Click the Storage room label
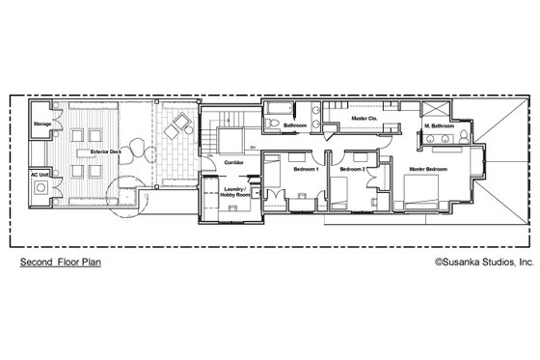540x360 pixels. pyautogui.click(x=41, y=125)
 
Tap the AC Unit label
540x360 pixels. pyautogui.click(x=41, y=177)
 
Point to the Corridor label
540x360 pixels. pyautogui.click(x=233, y=163)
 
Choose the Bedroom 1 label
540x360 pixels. pyautogui.click(x=308, y=171)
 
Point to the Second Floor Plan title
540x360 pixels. pyautogui.click(x=60, y=261)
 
